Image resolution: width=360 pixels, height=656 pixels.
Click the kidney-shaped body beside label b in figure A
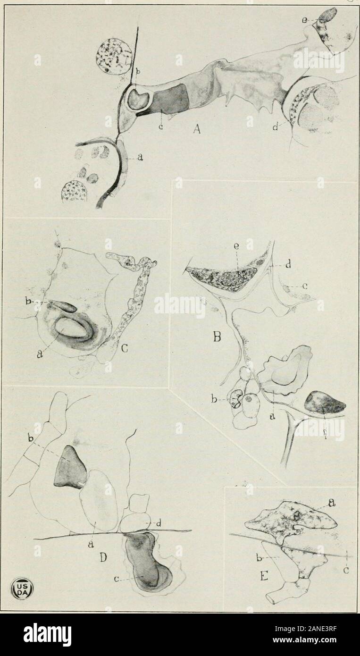coord(140,98)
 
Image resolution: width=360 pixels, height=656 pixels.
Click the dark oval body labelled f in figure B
coord(326,403)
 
